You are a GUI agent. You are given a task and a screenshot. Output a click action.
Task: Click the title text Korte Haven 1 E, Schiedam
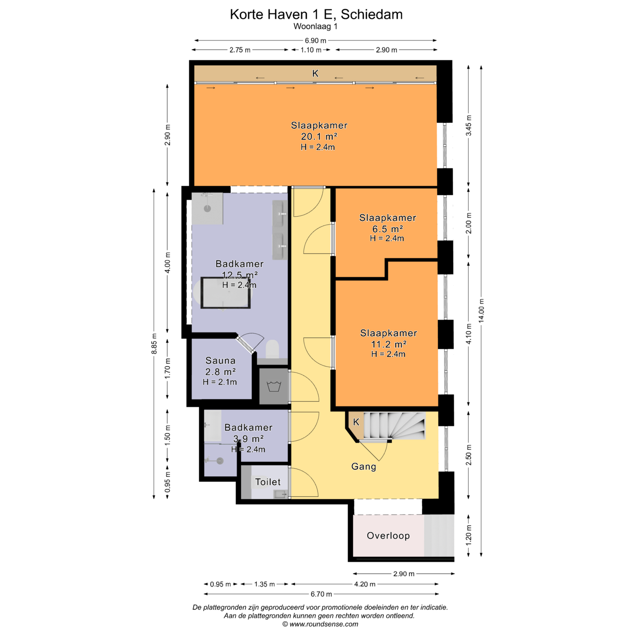[316, 14]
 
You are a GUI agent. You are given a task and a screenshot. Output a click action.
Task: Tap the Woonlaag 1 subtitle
[316, 27]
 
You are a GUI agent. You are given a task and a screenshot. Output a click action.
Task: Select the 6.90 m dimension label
[316, 40]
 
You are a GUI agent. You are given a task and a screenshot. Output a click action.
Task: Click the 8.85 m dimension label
[154, 344]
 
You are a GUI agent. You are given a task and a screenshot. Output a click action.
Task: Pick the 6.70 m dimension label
[321, 594]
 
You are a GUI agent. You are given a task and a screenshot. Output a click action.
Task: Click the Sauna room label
[220, 361]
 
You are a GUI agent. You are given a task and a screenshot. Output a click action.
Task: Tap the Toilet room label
[268, 482]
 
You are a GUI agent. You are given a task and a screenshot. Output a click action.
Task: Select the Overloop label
[388, 536]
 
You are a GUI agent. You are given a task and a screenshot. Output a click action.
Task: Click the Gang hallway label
[364, 466]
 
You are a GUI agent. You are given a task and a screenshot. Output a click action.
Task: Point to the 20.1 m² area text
[319, 137]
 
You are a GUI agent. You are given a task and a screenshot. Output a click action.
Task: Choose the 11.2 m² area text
[389, 344]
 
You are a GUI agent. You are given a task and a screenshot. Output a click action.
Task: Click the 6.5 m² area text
[388, 229]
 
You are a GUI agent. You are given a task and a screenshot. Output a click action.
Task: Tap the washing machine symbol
[274, 386]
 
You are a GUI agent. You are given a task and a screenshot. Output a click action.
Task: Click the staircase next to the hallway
[395, 425]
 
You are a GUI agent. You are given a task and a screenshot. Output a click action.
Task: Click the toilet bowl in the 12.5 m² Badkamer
[272, 349]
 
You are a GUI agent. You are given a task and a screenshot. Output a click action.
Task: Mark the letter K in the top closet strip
[315, 73]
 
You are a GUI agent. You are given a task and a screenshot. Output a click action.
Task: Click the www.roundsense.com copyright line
[320, 624]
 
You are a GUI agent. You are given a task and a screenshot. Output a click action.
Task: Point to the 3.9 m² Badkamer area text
[248, 439]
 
